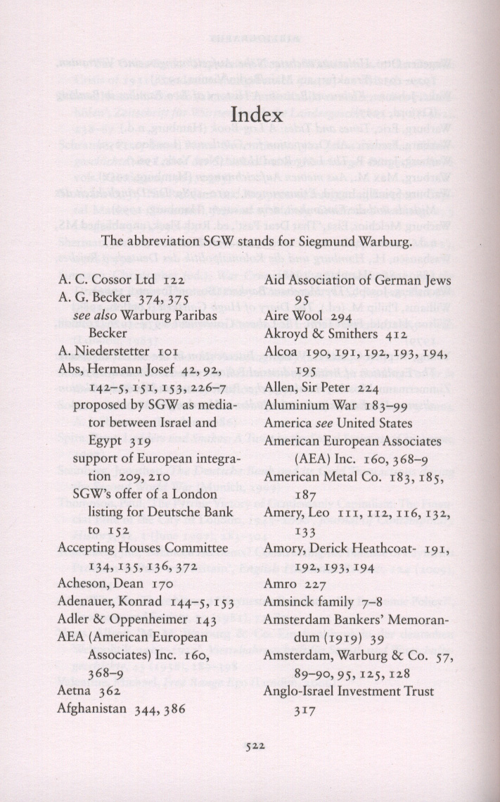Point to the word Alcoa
coord(281,351)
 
